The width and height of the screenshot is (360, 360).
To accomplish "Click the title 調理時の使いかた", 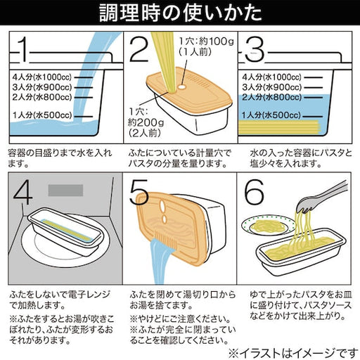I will tap(179, 13).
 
